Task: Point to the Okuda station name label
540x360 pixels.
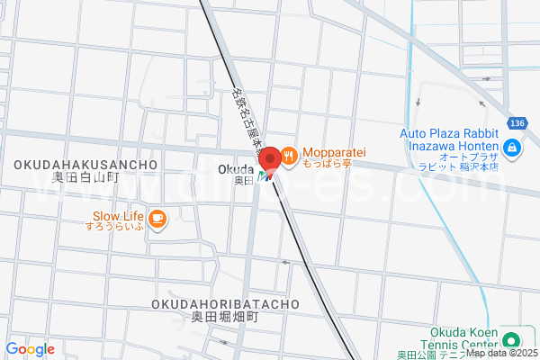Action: pos(234,168)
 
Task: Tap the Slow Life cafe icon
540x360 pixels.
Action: pos(157,217)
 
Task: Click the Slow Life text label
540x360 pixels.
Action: pos(118,216)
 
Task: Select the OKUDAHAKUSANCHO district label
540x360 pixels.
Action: pos(85,165)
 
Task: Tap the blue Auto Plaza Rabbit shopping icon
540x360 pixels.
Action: pos(512,148)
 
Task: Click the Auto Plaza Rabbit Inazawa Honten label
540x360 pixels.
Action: pos(448,140)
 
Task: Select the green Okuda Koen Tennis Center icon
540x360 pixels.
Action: pos(511,340)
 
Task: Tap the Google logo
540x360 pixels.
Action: pos(30,348)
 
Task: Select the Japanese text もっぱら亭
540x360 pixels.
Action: pos(326,165)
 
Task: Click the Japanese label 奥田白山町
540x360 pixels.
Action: pos(85,177)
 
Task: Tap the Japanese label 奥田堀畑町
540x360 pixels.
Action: pos(218,318)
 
